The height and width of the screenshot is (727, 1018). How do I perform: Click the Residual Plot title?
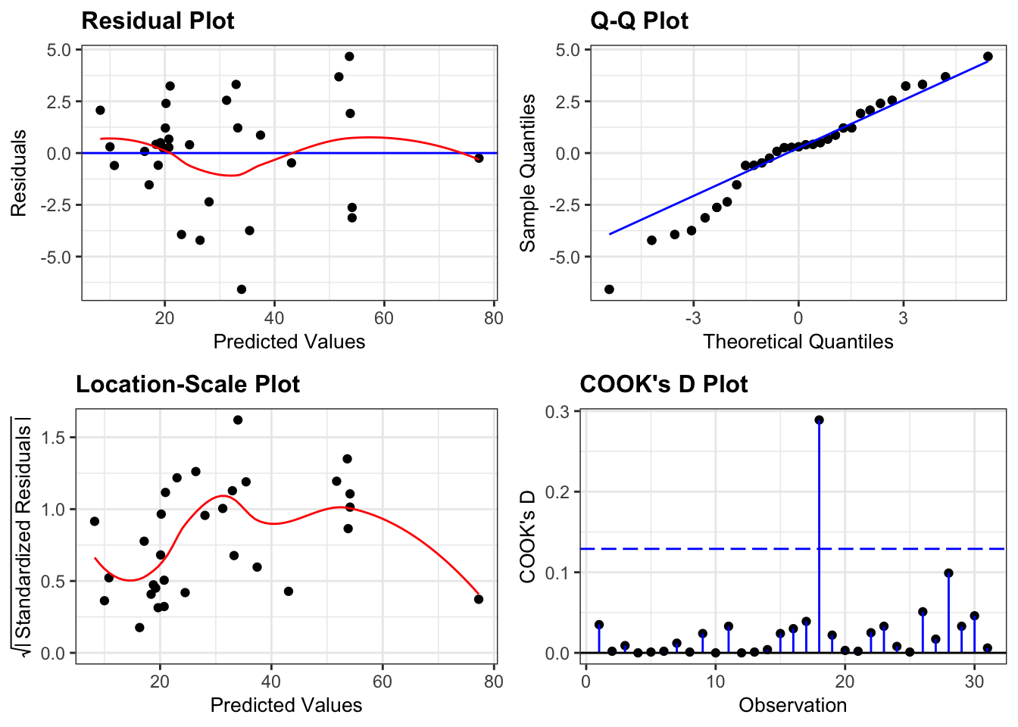(x=158, y=20)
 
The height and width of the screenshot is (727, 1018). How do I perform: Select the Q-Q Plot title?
(x=639, y=20)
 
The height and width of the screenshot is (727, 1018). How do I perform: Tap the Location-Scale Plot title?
(x=188, y=384)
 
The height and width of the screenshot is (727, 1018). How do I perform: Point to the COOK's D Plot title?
(x=664, y=384)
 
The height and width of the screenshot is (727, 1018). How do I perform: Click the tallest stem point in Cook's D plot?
(x=819, y=420)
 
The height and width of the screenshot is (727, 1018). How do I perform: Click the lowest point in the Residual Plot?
(x=242, y=289)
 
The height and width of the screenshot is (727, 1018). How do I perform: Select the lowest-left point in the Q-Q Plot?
(x=609, y=289)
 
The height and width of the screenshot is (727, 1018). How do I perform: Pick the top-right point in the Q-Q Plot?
(x=988, y=57)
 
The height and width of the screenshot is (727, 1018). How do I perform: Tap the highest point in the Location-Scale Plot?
(x=238, y=420)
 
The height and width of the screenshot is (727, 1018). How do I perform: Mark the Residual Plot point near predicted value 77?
(x=479, y=158)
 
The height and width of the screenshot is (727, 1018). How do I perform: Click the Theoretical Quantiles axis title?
(x=798, y=342)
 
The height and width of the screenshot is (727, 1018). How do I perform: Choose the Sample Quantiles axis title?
(x=528, y=173)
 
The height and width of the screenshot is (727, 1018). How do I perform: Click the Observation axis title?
(x=792, y=705)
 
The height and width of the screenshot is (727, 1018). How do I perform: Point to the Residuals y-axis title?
(x=19, y=173)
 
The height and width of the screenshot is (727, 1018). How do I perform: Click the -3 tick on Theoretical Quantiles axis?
(x=693, y=318)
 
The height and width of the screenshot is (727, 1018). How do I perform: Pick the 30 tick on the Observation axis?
(x=974, y=681)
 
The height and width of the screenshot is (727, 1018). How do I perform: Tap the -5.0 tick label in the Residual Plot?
(x=56, y=257)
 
